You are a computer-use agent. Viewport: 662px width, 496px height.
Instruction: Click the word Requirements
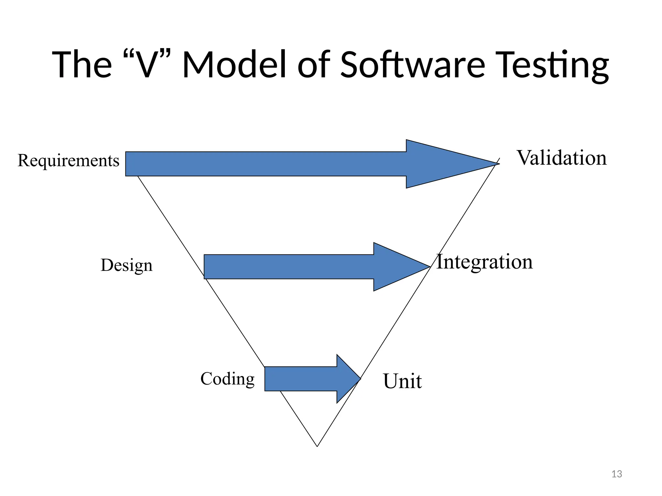[x=68, y=161]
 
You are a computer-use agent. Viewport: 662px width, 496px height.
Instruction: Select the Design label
[x=126, y=265]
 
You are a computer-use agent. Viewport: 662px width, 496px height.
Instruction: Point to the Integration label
[x=484, y=262]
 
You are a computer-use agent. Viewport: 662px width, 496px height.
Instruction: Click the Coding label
[x=227, y=379]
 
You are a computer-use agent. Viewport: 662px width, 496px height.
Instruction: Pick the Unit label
[x=402, y=381]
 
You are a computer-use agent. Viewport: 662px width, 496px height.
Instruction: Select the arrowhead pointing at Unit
[x=347, y=379]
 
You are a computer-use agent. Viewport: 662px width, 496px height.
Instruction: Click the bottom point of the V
[x=317, y=446]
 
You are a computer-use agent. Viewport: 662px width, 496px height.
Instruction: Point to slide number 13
[x=617, y=474]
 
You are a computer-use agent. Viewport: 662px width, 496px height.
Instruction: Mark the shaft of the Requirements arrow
[x=265, y=164]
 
